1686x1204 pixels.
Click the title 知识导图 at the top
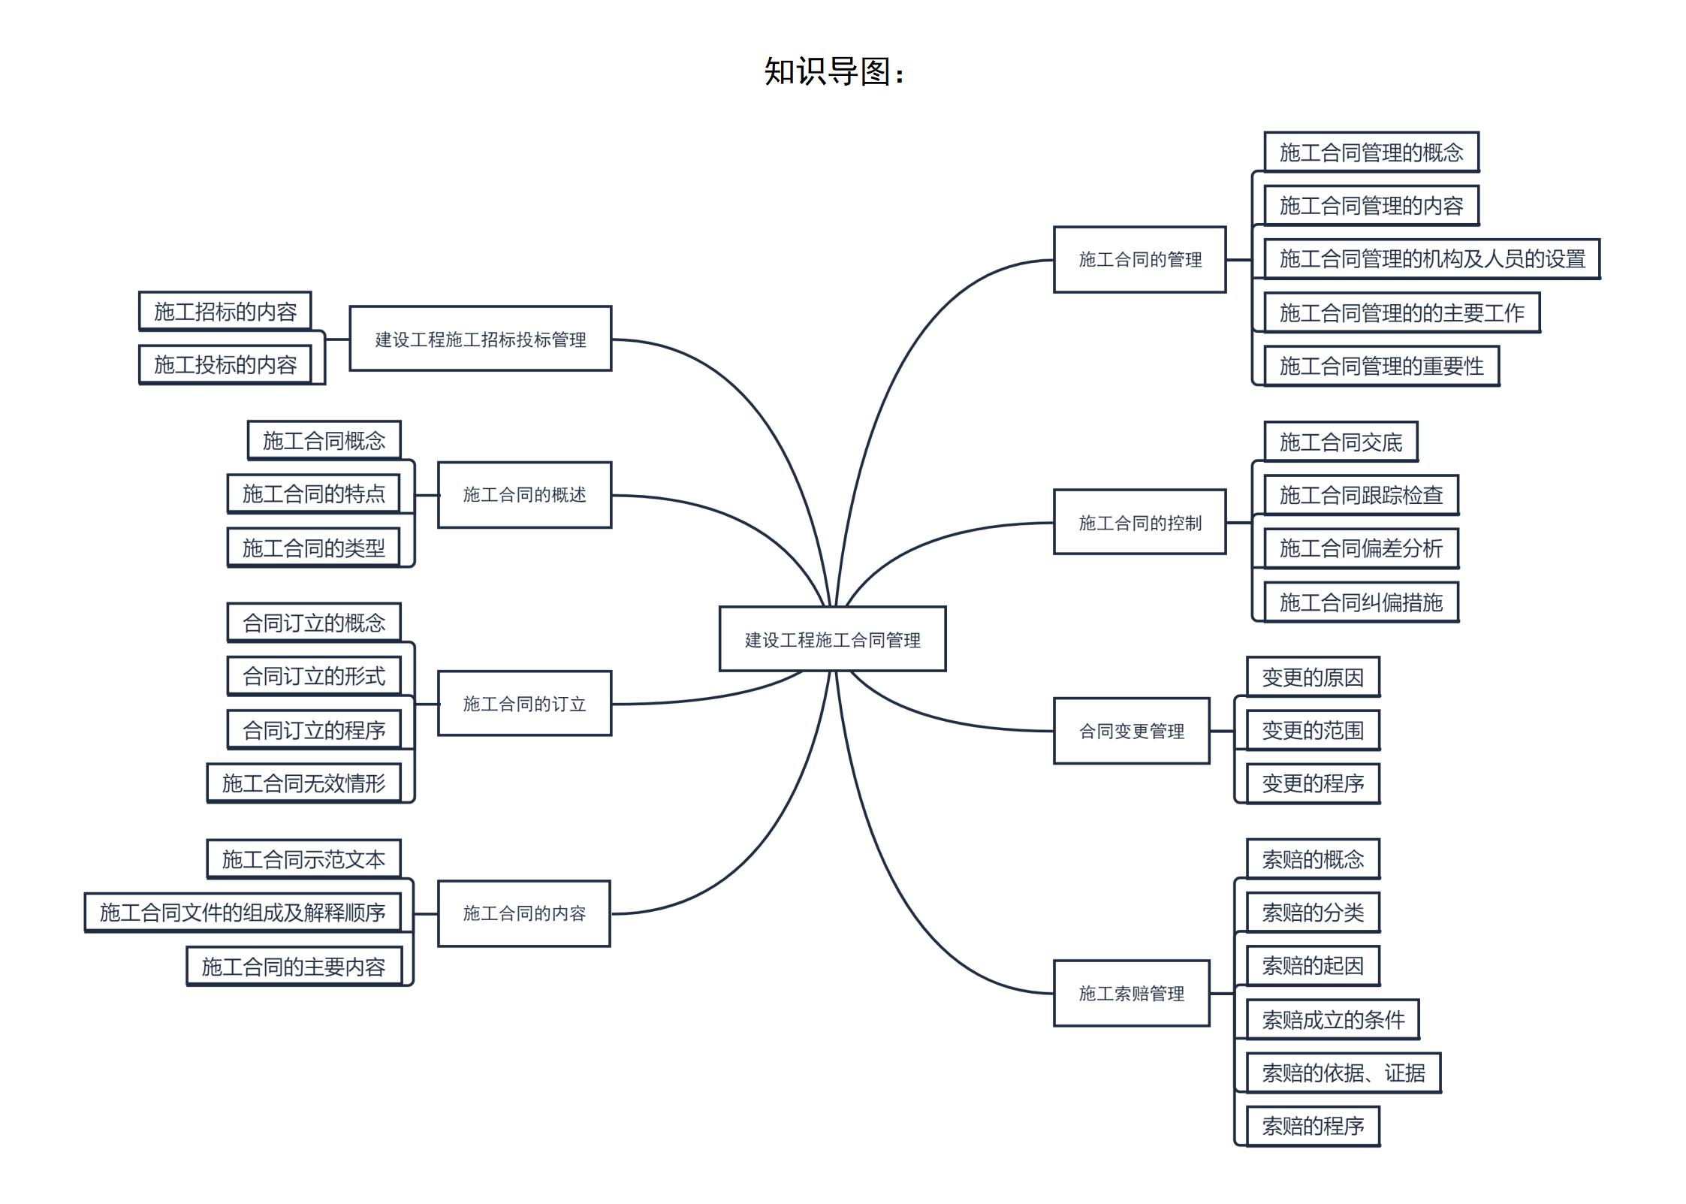click(x=834, y=72)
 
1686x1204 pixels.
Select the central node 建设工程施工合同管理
click(x=832, y=639)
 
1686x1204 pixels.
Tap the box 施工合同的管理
click(x=1139, y=260)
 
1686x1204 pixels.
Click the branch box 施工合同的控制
click(x=1139, y=523)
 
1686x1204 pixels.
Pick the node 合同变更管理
click(x=1131, y=731)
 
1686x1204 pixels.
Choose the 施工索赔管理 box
click(x=1131, y=994)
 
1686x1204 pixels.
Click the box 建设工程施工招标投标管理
click(x=481, y=339)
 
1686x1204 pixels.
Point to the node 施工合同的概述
click(x=524, y=495)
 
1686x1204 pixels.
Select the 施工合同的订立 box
click(x=524, y=704)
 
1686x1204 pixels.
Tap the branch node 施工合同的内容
click(x=524, y=913)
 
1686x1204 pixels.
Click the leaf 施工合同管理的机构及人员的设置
click(x=1431, y=259)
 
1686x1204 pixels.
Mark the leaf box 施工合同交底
click(x=1341, y=442)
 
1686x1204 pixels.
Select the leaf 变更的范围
click(x=1313, y=730)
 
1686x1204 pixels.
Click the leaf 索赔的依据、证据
click(x=1343, y=1073)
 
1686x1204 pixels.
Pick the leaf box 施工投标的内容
click(x=225, y=365)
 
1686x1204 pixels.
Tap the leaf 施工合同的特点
click(x=313, y=493)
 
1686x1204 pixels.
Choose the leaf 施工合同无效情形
click(x=303, y=783)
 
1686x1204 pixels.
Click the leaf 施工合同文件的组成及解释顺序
click(x=242, y=913)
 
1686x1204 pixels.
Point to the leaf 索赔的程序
click(x=1313, y=1126)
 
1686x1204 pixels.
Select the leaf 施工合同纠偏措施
click(x=1361, y=602)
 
